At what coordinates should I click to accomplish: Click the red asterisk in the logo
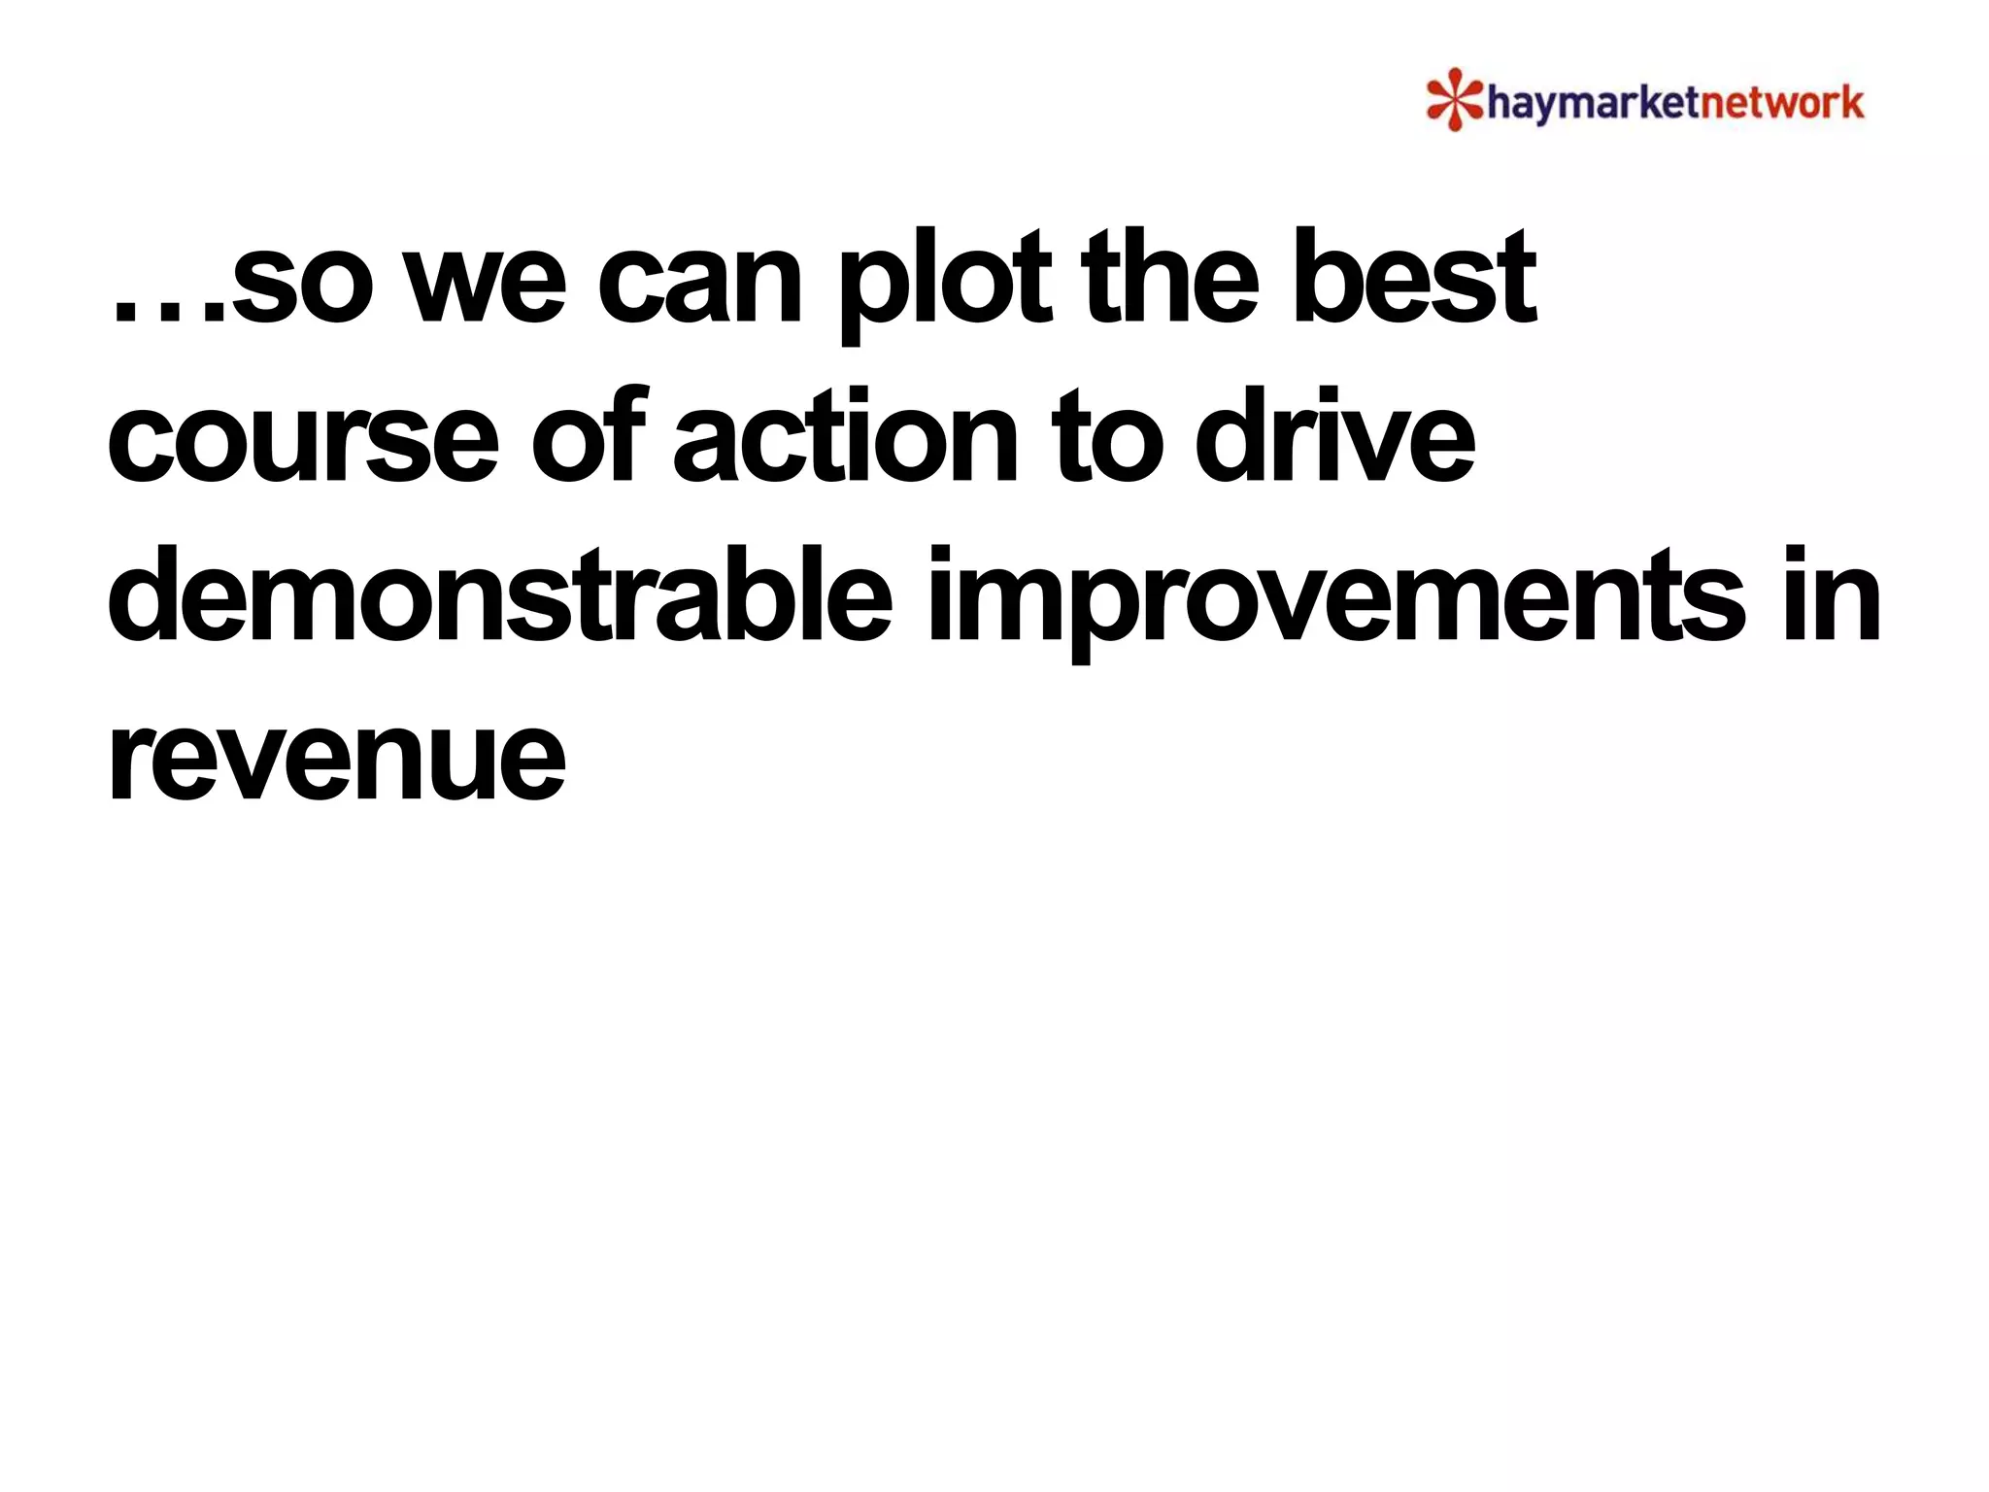pyautogui.click(x=1454, y=98)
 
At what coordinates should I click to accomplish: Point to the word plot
pyautogui.click(x=943, y=282)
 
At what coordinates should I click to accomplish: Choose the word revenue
pyautogui.click(x=336, y=762)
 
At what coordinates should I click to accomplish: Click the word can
pyautogui.click(x=699, y=288)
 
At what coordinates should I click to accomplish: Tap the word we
pyautogui.click(x=485, y=288)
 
